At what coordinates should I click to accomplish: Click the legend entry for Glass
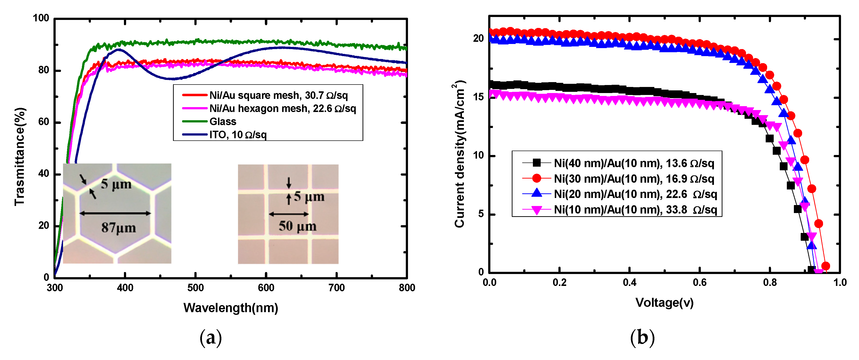pyautogui.click(x=223, y=122)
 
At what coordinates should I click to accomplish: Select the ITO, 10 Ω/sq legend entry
pyautogui.click(x=238, y=135)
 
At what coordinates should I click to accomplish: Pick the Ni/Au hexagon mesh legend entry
pyautogui.click(x=282, y=109)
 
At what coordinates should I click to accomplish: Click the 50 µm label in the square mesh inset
pyautogui.click(x=297, y=226)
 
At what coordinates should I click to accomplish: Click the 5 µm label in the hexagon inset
pyautogui.click(x=116, y=184)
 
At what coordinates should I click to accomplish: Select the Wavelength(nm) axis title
pyautogui.click(x=231, y=308)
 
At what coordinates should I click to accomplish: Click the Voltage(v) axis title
pyautogui.click(x=664, y=303)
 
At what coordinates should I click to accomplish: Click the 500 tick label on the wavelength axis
pyautogui.click(x=195, y=288)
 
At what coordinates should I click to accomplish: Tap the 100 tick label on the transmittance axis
pyautogui.click(x=41, y=18)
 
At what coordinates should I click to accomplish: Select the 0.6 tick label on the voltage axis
pyautogui.click(x=699, y=283)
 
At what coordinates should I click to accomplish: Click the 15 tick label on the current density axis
pyautogui.click(x=478, y=97)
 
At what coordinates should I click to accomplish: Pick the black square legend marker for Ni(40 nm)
pyautogui.click(x=536, y=163)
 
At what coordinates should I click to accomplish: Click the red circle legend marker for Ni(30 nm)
pyautogui.click(x=536, y=179)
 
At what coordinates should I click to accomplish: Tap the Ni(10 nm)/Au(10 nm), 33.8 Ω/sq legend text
pyautogui.click(x=635, y=210)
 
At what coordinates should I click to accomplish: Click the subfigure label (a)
pyautogui.click(x=210, y=338)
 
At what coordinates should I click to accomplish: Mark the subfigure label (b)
pyautogui.click(x=642, y=338)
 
